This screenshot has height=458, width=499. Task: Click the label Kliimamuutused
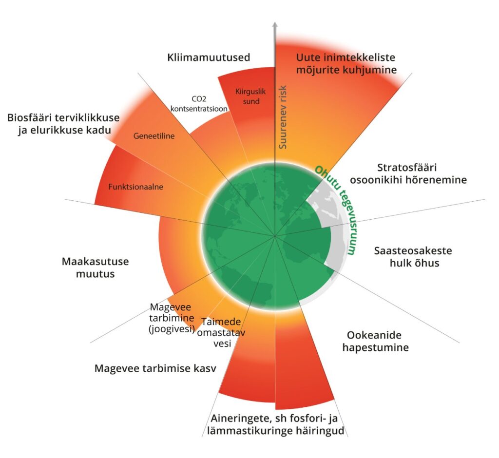pos(209,57)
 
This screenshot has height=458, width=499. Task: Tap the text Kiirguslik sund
pos(248,96)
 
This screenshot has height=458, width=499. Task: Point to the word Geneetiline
pos(154,136)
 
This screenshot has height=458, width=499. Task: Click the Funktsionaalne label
pos(136,186)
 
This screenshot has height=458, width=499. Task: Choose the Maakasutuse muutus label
pos(95,267)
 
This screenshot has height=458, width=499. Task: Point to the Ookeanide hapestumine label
pos(375,342)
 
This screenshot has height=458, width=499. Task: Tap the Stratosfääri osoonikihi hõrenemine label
pos(422,173)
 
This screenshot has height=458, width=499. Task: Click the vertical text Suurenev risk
pos(283,117)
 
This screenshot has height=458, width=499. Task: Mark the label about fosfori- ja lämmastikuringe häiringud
pos(277,424)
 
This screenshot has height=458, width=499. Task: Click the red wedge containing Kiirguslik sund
pos(247,117)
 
